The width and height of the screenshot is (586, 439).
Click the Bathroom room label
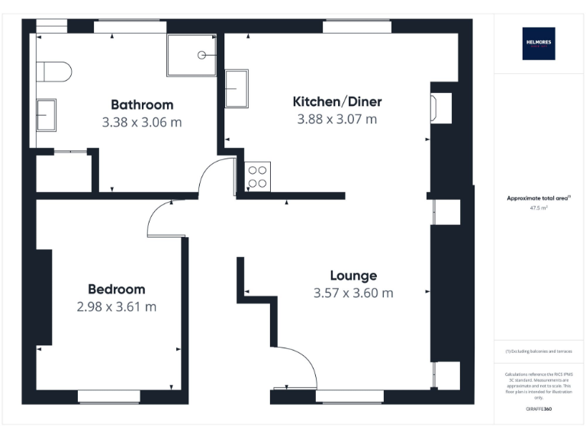pos(142,105)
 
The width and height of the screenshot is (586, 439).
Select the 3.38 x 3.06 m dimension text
pos(142,122)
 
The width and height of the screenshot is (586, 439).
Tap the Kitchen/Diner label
pos(337,102)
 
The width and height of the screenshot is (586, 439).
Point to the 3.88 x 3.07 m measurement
pos(337,119)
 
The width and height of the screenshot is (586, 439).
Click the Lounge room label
pos(353,276)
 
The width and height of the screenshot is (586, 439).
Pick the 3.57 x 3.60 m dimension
pos(353,293)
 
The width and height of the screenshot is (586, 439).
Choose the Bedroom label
pos(116,290)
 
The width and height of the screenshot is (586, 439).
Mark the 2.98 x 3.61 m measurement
pos(116,306)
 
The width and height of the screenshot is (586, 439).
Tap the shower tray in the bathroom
pos(192,55)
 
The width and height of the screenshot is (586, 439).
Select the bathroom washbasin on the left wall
pos(46,115)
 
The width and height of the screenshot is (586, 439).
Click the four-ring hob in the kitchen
pos(256,176)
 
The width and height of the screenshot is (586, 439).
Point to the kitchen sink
pos(237,89)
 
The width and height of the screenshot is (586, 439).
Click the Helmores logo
pos(538,43)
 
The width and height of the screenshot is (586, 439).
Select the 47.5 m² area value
pos(538,207)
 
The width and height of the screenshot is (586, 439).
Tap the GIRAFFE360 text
pos(538,409)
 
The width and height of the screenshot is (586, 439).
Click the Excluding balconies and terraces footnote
pos(538,351)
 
